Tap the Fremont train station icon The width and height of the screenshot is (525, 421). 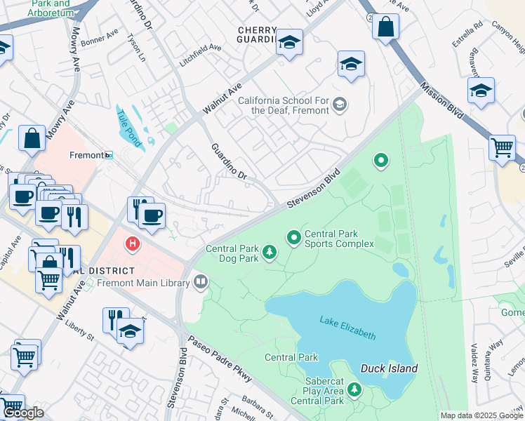(x=108, y=155)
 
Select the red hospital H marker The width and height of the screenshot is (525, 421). (x=131, y=244)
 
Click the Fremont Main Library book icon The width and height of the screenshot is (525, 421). (x=201, y=283)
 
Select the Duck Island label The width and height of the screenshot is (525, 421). (x=389, y=368)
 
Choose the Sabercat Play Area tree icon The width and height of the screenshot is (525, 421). (x=354, y=389)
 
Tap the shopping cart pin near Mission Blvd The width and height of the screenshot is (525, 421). (x=502, y=148)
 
